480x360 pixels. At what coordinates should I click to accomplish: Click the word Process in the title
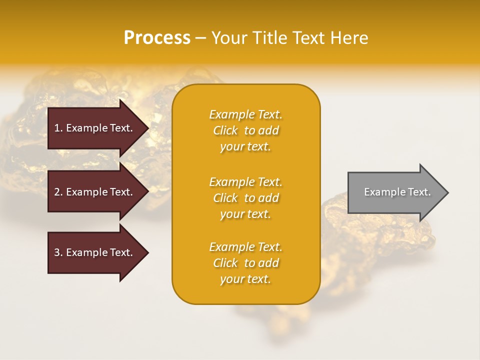pos(157,38)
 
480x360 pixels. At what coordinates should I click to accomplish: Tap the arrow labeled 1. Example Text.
pos(95,128)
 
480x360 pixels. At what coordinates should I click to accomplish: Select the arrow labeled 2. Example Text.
pos(95,192)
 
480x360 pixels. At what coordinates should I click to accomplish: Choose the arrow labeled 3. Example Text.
pos(95,252)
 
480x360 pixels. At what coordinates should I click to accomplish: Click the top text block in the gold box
pos(246,130)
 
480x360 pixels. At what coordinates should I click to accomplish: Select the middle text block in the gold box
pos(246,198)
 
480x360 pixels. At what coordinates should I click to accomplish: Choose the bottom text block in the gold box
pos(246,263)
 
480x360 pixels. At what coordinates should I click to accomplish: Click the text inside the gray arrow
pos(397,192)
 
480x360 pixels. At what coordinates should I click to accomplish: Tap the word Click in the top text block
pos(225,130)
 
